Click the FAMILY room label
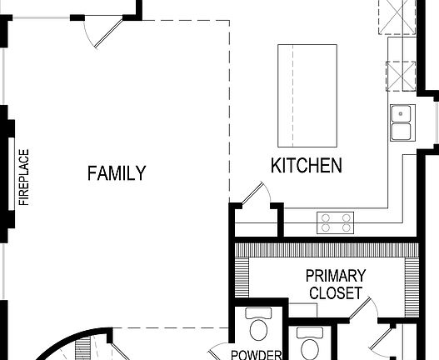click(117, 173)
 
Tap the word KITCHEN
click(307, 165)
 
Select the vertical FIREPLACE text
click(24, 177)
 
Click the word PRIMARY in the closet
click(336, 276)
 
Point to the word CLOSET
click(336, 293)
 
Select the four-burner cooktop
click(335, 222)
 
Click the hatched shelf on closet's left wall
click(242, 276)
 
